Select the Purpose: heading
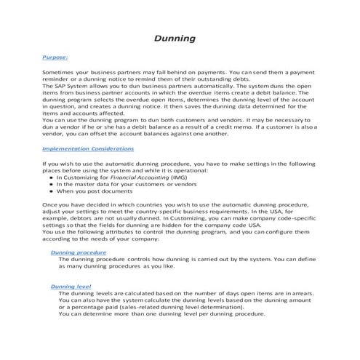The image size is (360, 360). [x=55, y=55]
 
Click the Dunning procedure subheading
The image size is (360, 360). [x=79, y=252]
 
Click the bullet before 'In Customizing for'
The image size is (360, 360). [x=52, y=177]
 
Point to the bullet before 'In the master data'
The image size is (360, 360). [x=52, y=183]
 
